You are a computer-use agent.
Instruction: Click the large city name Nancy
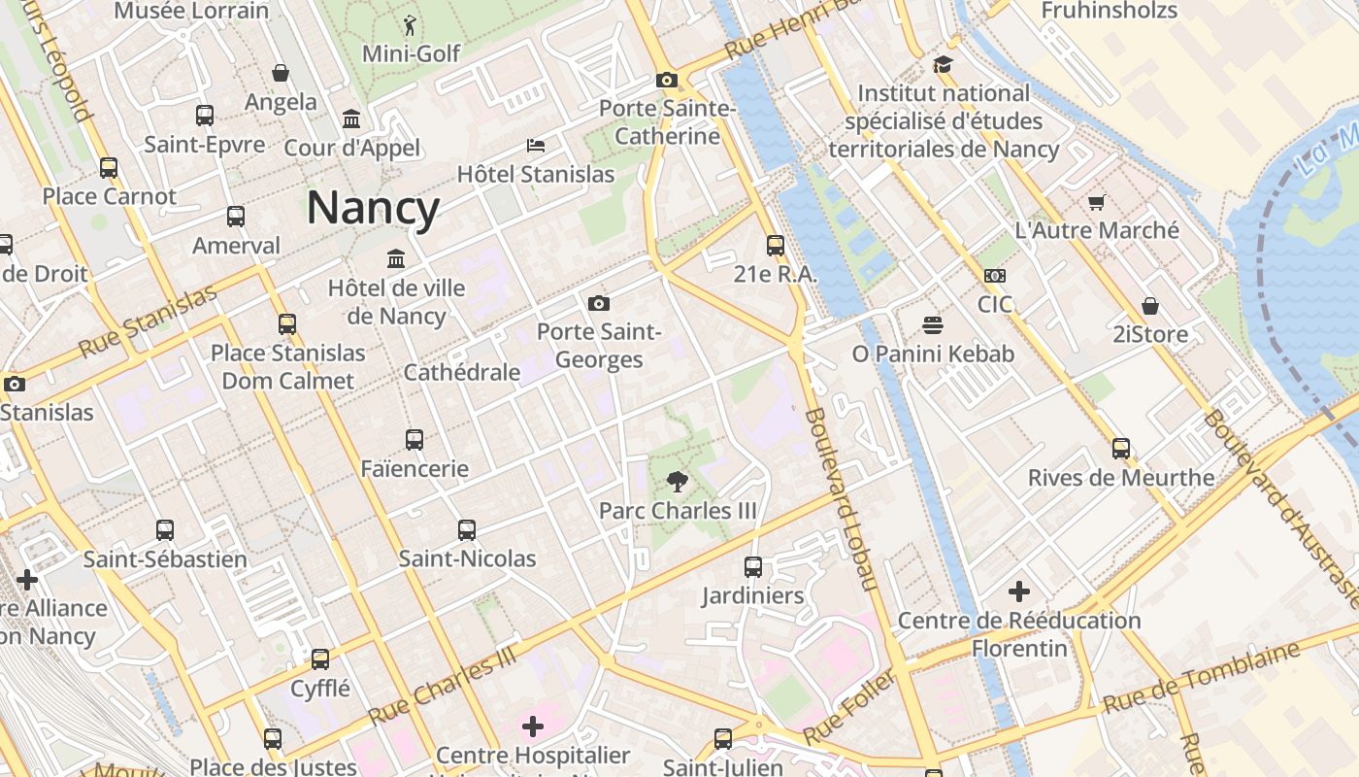coord(374,208)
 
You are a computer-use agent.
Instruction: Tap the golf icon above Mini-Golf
coord(411,25)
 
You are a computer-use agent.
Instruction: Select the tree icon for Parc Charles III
coord(677,482)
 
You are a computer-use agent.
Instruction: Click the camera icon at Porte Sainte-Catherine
coord(666,80)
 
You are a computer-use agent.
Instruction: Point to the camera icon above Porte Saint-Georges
coord(599,303)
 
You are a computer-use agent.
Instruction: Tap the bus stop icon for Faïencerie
coord(414,439)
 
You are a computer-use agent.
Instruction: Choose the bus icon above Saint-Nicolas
coord(467,529)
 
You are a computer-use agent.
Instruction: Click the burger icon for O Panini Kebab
coord(933,324)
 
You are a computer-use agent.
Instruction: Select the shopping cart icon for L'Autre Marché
coord(1097,202)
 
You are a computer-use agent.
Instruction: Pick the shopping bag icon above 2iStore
coord(1150,306)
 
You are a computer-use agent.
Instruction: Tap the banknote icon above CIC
coord(995,276)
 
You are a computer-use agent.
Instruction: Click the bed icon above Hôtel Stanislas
coord(536,146)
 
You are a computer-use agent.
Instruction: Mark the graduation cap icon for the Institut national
coord(943,64)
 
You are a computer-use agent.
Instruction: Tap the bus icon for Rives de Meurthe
coord(1121,449)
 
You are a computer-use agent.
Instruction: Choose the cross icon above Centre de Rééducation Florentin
coord(1018,591)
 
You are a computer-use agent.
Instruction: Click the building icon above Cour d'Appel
coord(351,119)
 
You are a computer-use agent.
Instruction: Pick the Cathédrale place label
coord(462,372)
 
